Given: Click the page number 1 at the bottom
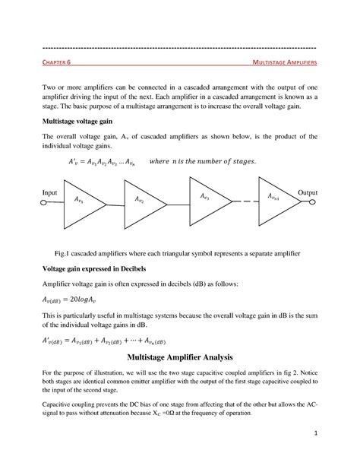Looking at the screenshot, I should point(313,433).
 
